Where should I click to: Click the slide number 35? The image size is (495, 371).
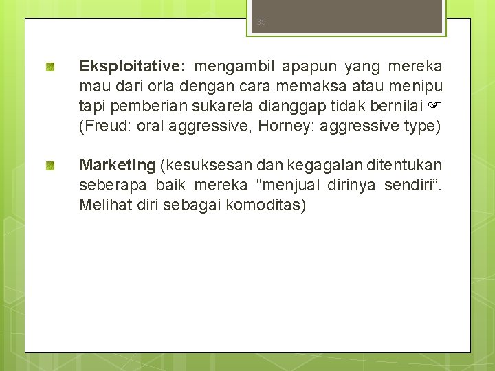(261, 22)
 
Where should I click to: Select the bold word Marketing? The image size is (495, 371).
(118, 165)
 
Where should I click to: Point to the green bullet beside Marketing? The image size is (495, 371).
(51, 166)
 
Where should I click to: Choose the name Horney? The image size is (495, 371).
(283, 126)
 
